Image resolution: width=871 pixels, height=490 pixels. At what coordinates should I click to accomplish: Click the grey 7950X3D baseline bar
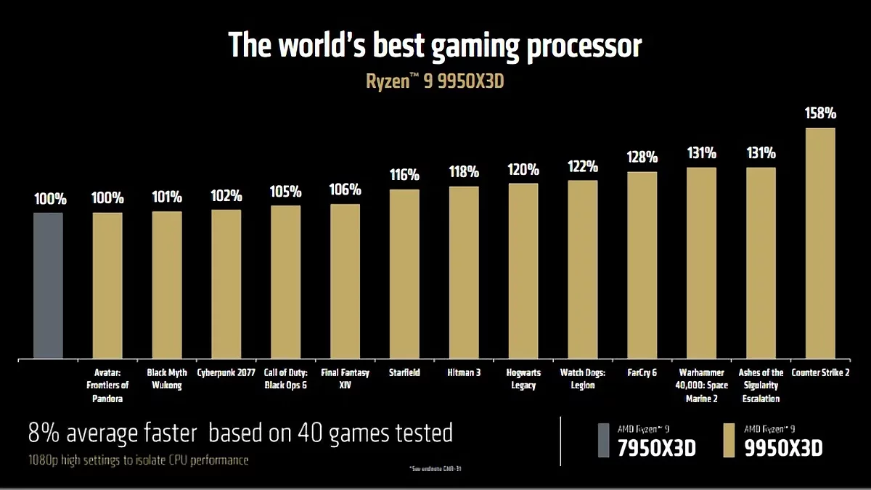pyautogui.click(x=48, y=286)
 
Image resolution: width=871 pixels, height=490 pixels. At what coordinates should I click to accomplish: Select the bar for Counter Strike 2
pyautogui.click(x=820, y=244)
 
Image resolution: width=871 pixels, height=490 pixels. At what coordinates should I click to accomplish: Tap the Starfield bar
pyautogui.click(x=404, y=274)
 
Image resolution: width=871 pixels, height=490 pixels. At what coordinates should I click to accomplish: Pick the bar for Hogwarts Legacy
pyautogui.click(x=523, y=271)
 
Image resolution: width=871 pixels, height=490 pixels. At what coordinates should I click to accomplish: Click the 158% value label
pyautogui.click(x=820, y=113)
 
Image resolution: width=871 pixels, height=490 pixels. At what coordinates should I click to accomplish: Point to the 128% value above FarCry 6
pyautogui.click(x=642, y=157)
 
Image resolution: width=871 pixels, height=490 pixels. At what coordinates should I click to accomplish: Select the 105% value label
pyautogui.click(x=286, y=191)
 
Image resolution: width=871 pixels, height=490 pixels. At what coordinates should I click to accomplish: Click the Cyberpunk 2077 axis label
pyautogui.click(x=226, y=373)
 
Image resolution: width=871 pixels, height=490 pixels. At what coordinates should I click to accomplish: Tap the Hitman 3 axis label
pyautogui.click(x=464, y=373)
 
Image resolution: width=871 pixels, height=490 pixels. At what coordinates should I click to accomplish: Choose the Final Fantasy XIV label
pyautogui.click(x=345, y=379)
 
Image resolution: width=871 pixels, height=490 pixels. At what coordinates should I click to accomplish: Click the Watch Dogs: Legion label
pyautogui.click(x=582, y=379)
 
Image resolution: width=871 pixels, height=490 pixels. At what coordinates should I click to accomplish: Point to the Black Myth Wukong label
pyautogui.click(x=167, y=379)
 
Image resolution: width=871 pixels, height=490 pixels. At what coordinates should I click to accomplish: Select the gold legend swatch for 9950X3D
pyautogui.click(x=731, y=439)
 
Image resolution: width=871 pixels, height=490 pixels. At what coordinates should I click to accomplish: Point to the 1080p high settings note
pyautogui.click(x=138, y=460)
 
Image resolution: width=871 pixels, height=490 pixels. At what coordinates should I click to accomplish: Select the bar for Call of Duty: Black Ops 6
pyautogui.click(x=286, y=282)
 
